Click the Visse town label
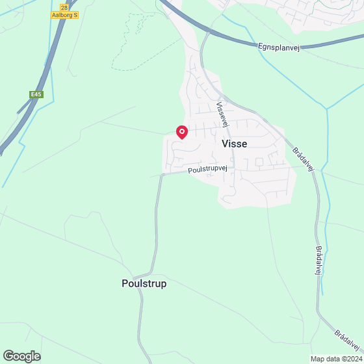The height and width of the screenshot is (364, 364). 234,144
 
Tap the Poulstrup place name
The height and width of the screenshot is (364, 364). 144,283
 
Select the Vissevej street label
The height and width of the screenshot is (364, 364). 223,113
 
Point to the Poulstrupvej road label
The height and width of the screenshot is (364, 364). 207,169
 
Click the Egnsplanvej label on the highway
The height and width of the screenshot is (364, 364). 279,47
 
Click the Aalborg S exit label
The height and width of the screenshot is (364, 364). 65,14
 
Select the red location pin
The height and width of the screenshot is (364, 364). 182,133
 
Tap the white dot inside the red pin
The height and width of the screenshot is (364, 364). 182,131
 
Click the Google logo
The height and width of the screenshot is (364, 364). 21,356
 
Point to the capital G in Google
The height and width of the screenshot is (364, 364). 9,356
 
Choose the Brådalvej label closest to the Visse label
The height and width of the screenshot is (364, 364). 304,159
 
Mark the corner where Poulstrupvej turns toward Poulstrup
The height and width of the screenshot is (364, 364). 160,176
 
